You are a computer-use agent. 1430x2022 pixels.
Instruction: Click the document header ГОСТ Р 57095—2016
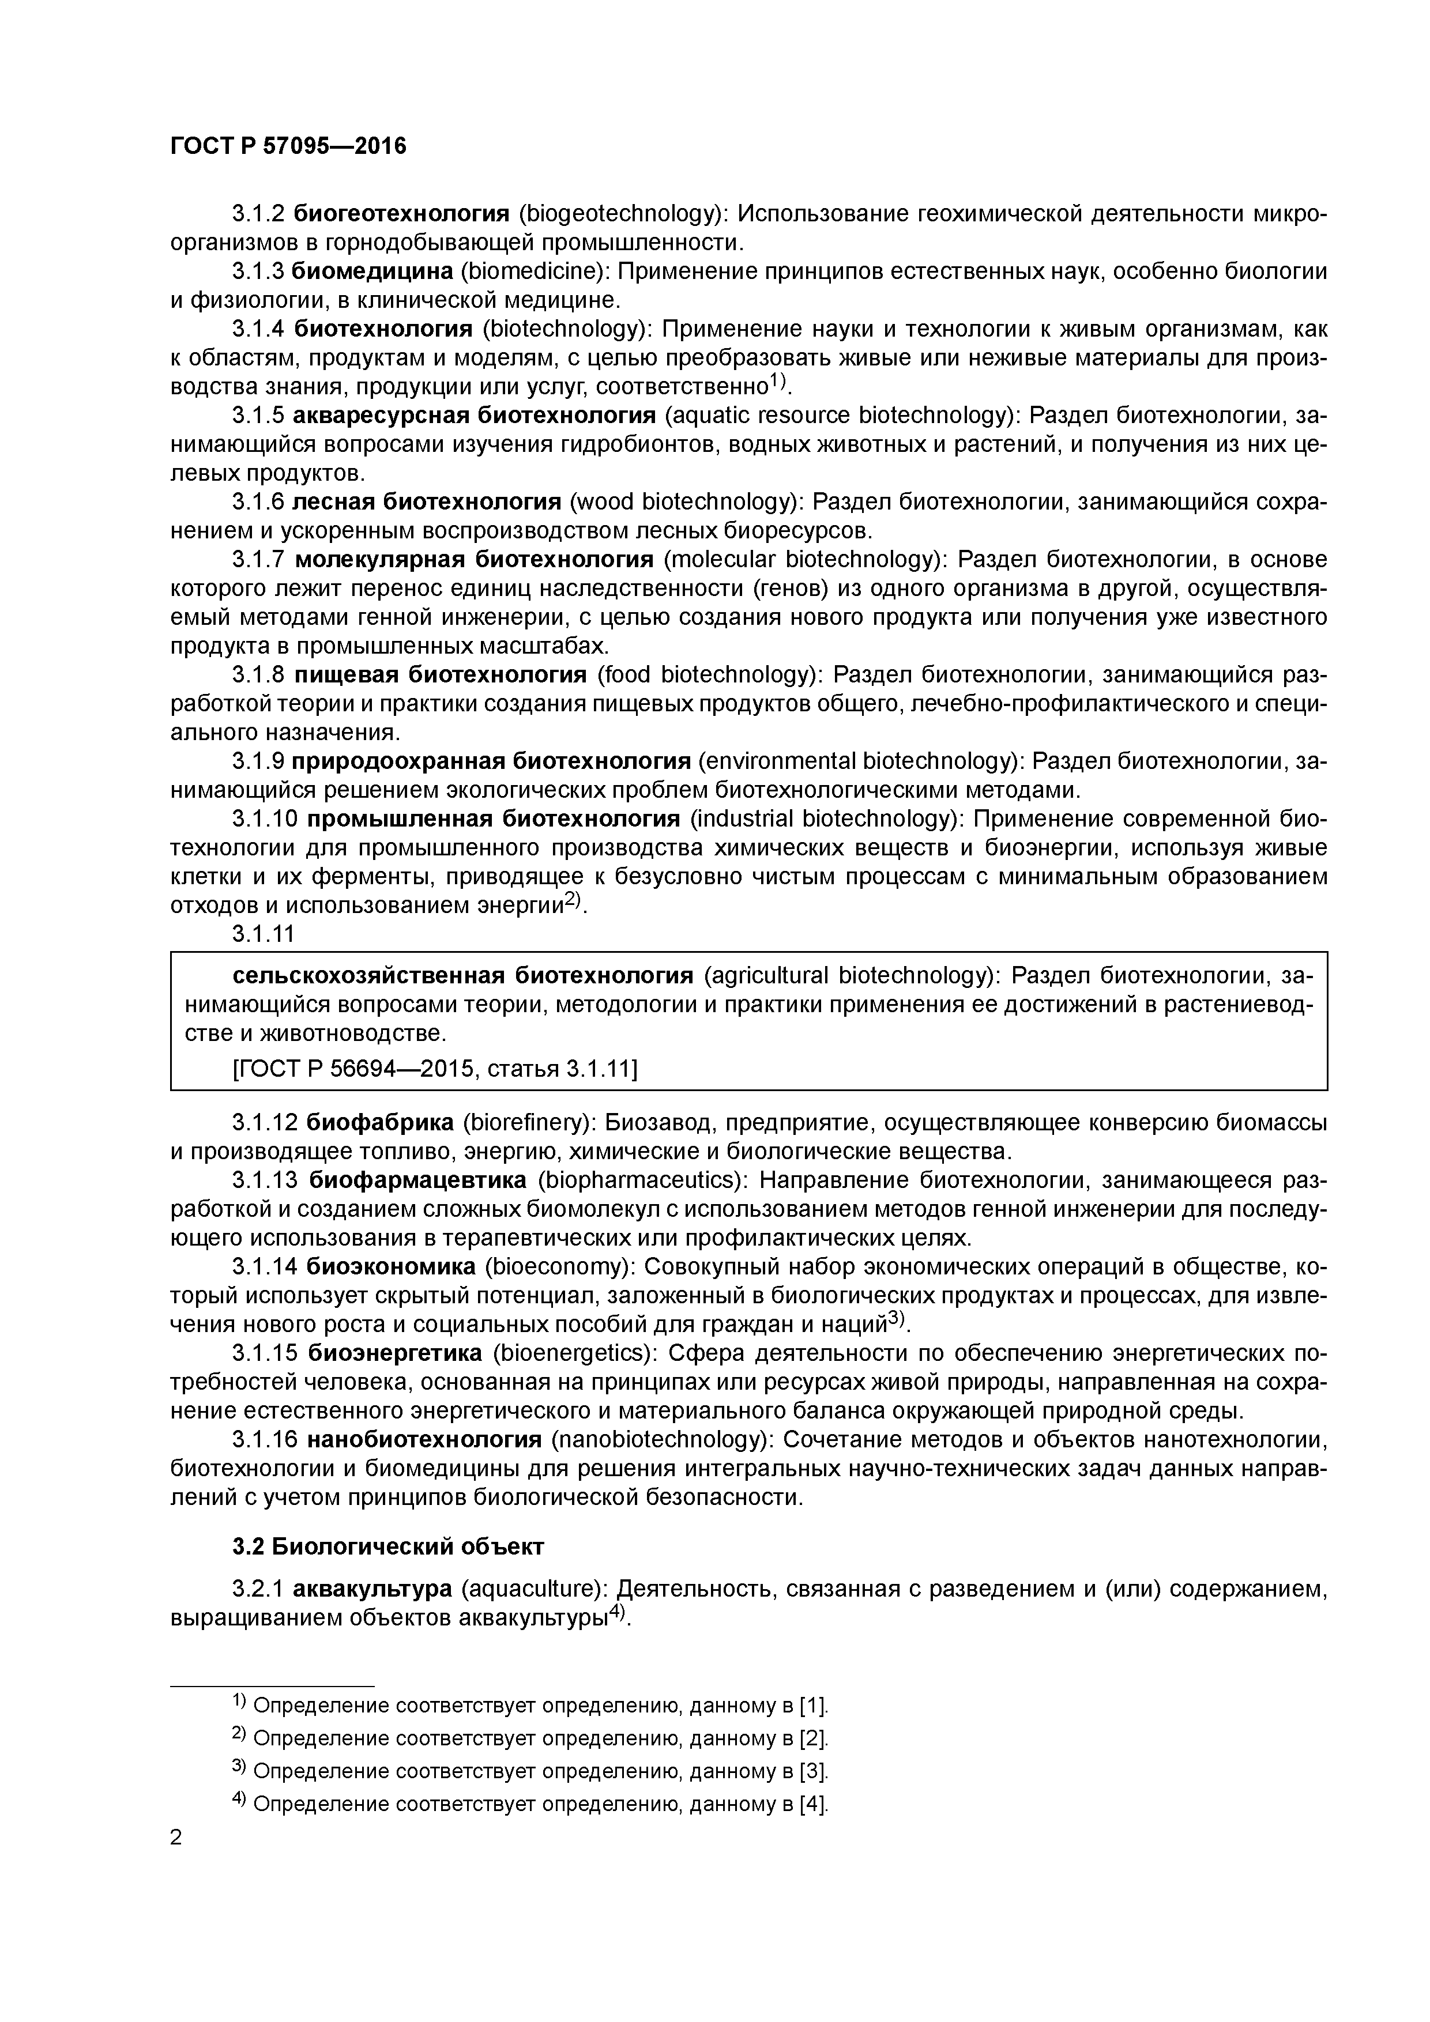coord(288,146)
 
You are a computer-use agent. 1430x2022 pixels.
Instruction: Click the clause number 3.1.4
coord(258,329)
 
